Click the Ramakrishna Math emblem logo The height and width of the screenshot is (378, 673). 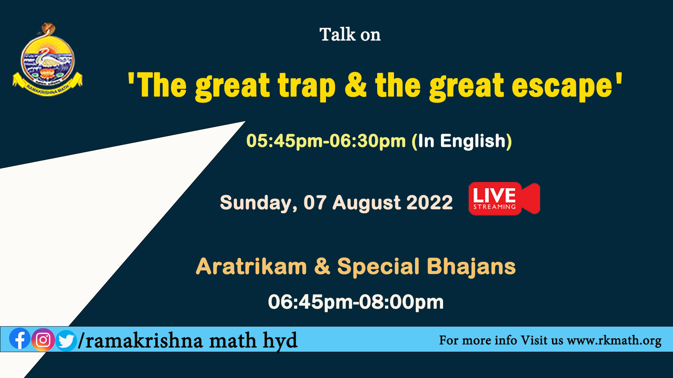47,59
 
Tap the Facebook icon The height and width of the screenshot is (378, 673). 20,339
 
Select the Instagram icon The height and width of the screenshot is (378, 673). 43,339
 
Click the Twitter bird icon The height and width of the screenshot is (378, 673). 66,340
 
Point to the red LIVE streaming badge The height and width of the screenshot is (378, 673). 504,198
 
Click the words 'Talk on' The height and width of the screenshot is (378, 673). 350,35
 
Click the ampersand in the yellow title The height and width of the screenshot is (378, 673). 356,85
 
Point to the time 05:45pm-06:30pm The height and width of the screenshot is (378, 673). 326,141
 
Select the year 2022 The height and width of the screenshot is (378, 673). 430,203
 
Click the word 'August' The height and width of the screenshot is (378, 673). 366,203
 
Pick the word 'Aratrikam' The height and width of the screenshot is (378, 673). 251,267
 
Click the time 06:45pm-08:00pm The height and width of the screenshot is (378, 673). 356,302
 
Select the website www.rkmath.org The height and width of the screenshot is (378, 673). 614,341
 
